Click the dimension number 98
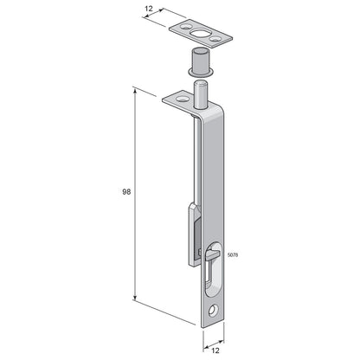[x=126, y=192]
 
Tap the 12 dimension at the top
[x=149, y=9]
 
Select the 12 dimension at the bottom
[x=215, y=350]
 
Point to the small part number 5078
[x=233, y=255]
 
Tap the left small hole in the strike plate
[x=184, y=27]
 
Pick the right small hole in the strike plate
[x=214, y=39]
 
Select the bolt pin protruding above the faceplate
[x=201, y=94]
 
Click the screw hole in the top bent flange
[x=182, y=100]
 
